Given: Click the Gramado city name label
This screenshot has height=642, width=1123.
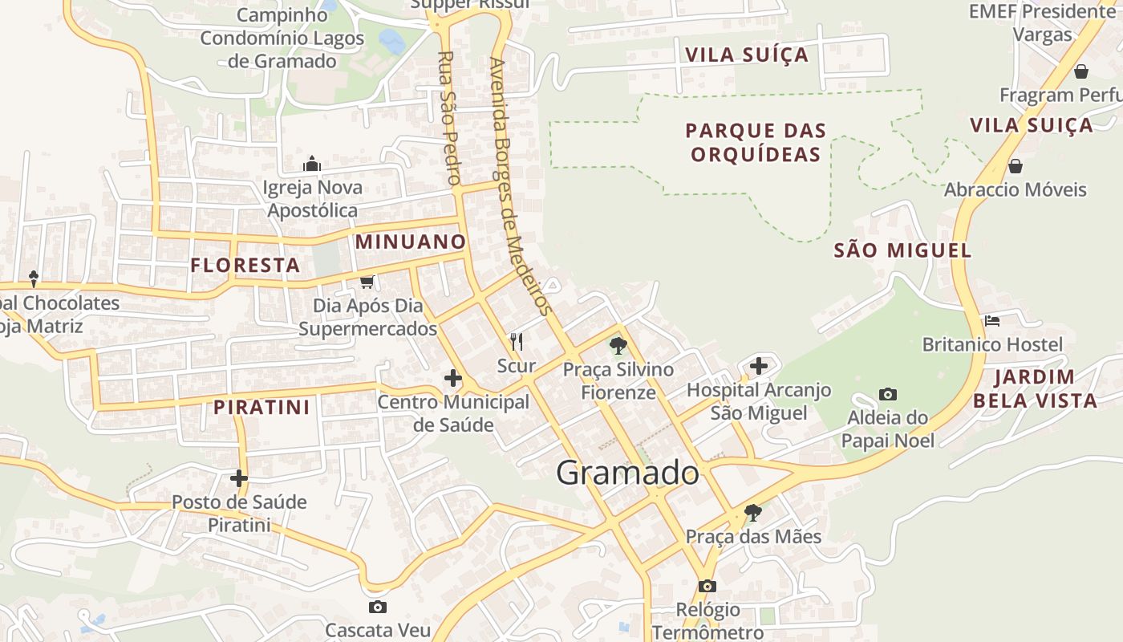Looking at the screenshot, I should (x=627, y=473).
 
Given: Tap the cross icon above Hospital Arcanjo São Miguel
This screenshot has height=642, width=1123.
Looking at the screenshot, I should (x=759, y=367).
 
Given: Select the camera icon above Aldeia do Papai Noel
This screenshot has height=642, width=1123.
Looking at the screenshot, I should (x=887, y=394).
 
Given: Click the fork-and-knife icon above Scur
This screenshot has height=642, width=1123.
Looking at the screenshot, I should (x=517, y=342).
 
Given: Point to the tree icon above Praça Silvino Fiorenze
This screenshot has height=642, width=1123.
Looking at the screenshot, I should (x=618, y=346).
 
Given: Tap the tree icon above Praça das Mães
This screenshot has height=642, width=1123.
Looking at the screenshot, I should (x=752, y=512).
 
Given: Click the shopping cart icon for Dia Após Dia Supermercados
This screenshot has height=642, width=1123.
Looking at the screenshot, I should (x=367, y=282).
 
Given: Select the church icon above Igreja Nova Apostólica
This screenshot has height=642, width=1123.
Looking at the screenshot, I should (x=312, y=165).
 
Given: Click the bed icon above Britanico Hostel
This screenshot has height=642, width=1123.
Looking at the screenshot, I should (x=992, y=321).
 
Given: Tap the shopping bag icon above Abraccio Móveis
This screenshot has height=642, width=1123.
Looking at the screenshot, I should (x=1015, y=166).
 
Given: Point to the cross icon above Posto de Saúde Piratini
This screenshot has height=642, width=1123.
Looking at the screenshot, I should (x=238, y=478).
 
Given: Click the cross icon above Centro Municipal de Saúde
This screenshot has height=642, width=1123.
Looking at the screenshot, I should (x=453, y=377).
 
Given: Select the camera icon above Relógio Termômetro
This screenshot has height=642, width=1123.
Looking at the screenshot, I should (x=707, y=586).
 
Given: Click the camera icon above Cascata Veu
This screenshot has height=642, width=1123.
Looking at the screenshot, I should (x=377, y=607).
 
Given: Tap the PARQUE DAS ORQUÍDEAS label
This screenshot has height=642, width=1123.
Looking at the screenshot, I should (x=756, y=142).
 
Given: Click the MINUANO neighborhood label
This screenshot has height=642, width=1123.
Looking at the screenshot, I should (x=410, y=242).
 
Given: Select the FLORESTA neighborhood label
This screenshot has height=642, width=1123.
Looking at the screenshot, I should (x=245, y=265).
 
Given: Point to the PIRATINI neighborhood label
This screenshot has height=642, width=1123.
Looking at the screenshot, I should (x=261, y=407).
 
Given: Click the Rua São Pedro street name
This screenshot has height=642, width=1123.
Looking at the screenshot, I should (x=448, y=119).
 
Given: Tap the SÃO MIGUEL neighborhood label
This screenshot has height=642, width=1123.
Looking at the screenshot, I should (x=902, y=250).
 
